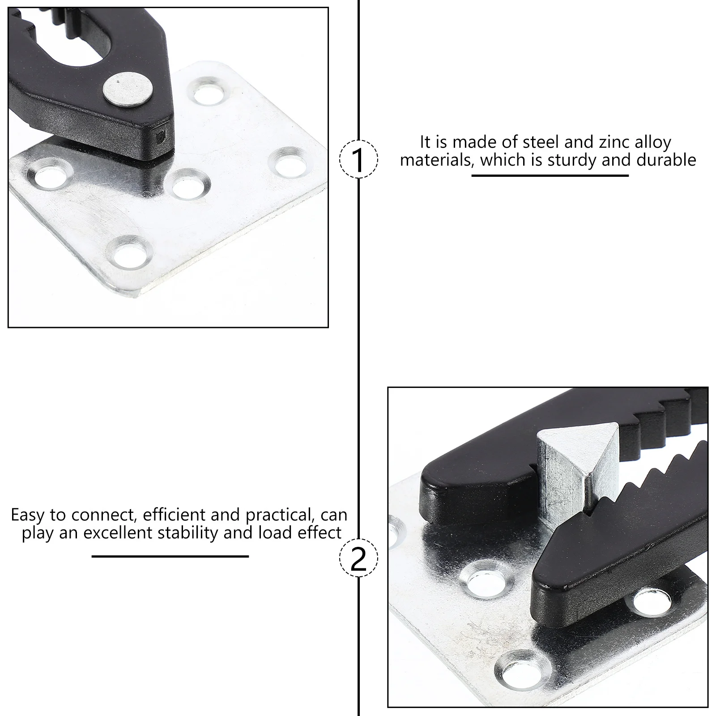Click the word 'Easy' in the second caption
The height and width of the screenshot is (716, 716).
point(29,515)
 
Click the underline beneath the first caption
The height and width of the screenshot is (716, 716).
point(550,175)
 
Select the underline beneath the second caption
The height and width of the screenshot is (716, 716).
point(170,556)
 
